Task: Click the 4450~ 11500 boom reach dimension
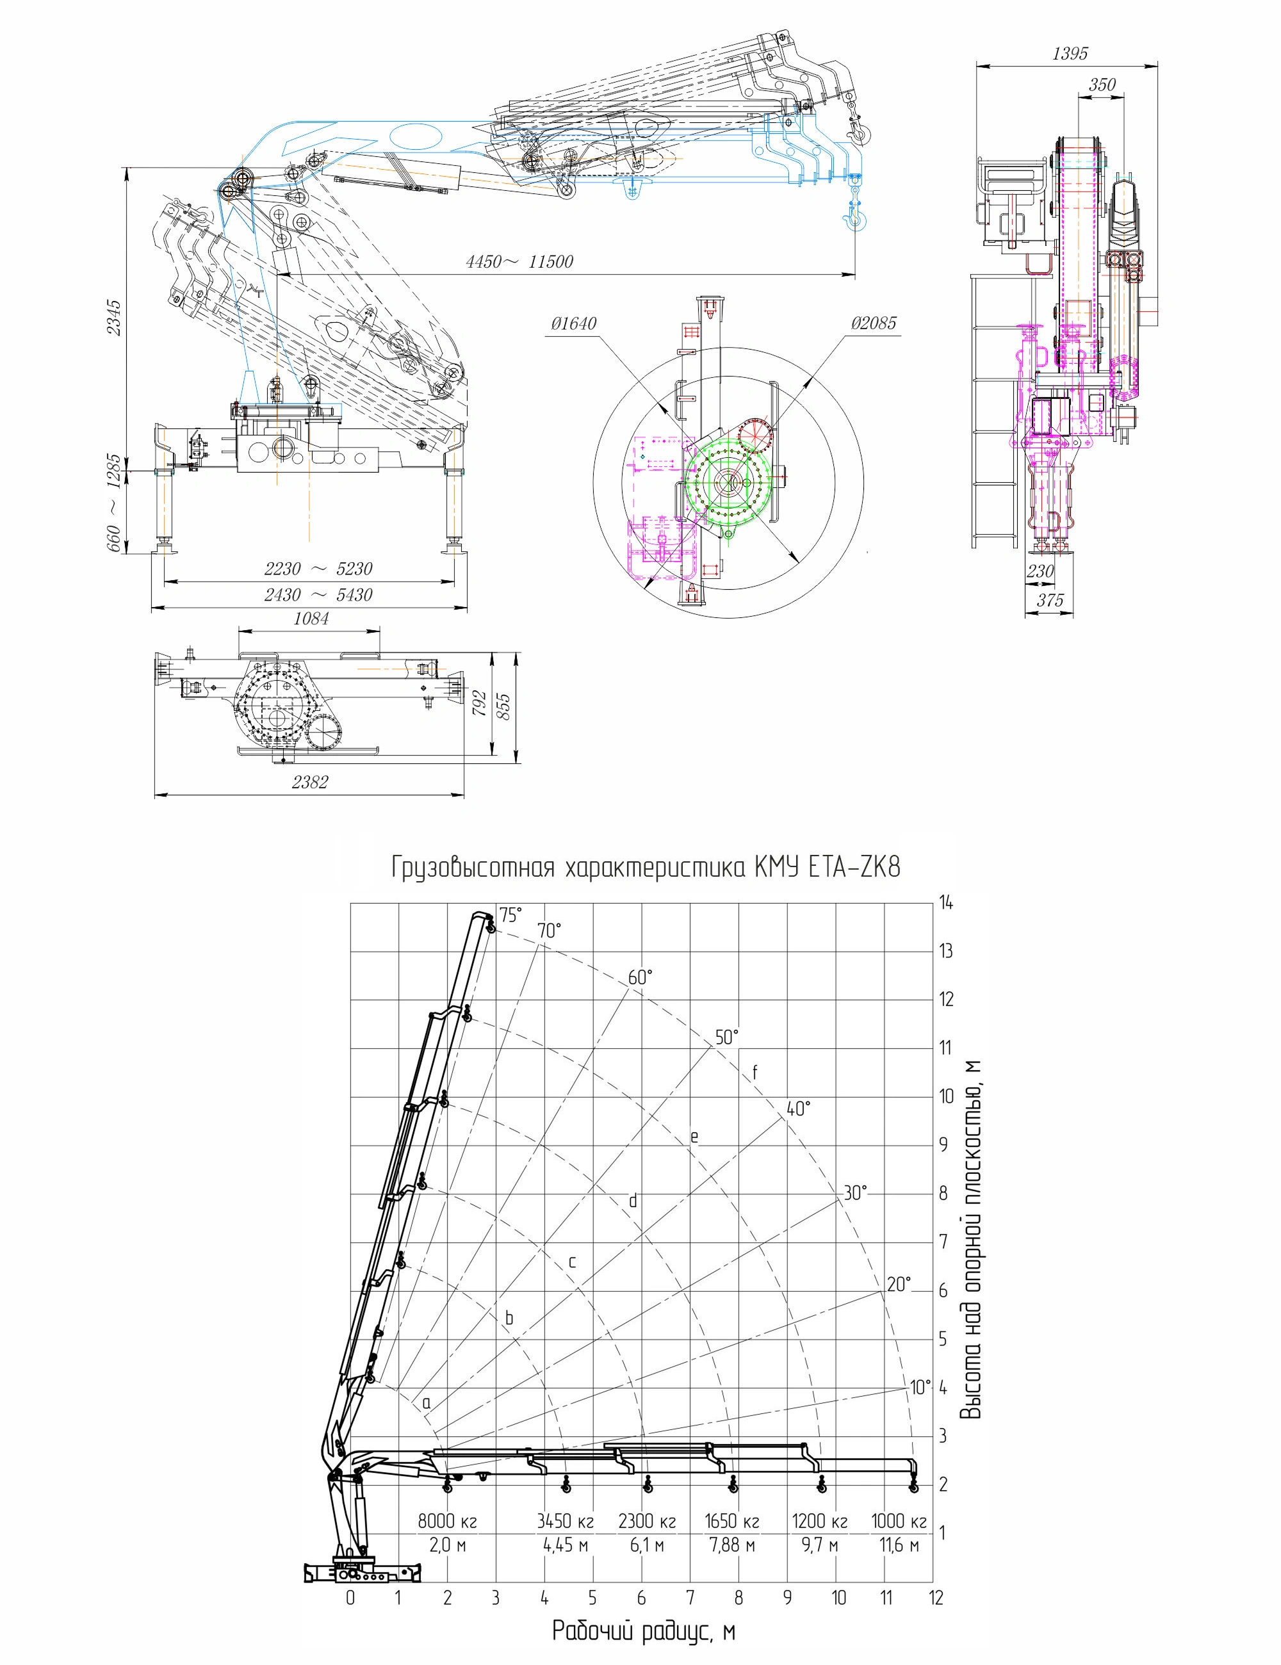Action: tap(519, 263)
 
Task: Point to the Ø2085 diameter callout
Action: tap(874, 323)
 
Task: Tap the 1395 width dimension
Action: tap(1070, 53)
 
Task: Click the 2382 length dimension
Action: tap(309, 781)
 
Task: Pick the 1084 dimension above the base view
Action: tap(311, 619)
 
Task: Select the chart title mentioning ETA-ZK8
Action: tap(646, 868)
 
